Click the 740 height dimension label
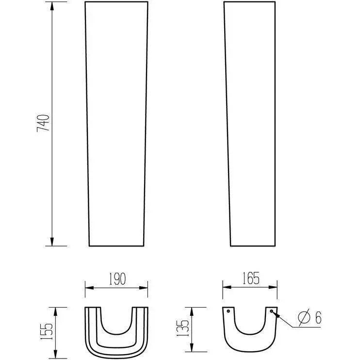pyautogui.click(x=43, y=123)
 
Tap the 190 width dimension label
pyautogui.click(x=117, y=278)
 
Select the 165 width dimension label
pyautogui.click(x=251, y=278)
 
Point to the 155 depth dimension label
pyautogui.click(x=46, y=331)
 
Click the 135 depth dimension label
pyautogui.click(x=182, y=328)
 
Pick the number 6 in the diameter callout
pyautogui.click(x=318, y=317)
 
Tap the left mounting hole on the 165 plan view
pyautogui.click(x=228, y=311)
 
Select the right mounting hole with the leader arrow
pyautogui.click(x=271, y=311)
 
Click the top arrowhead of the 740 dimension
pyautogui.click(x=52, y=6)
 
